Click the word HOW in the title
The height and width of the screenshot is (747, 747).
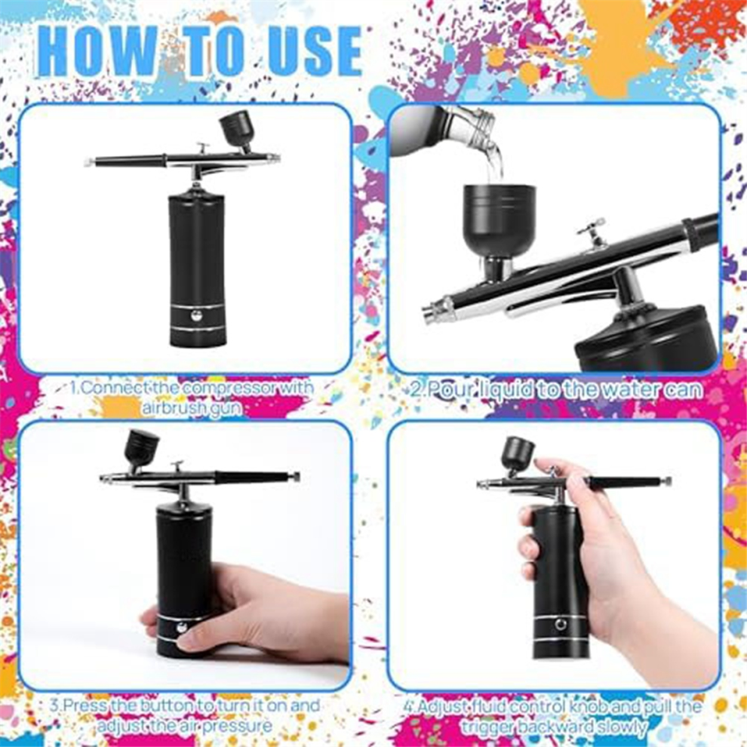coord(97,51)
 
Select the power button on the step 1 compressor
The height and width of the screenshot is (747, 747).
coord(195,315)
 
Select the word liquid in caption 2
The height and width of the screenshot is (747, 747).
coord(506,389)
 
